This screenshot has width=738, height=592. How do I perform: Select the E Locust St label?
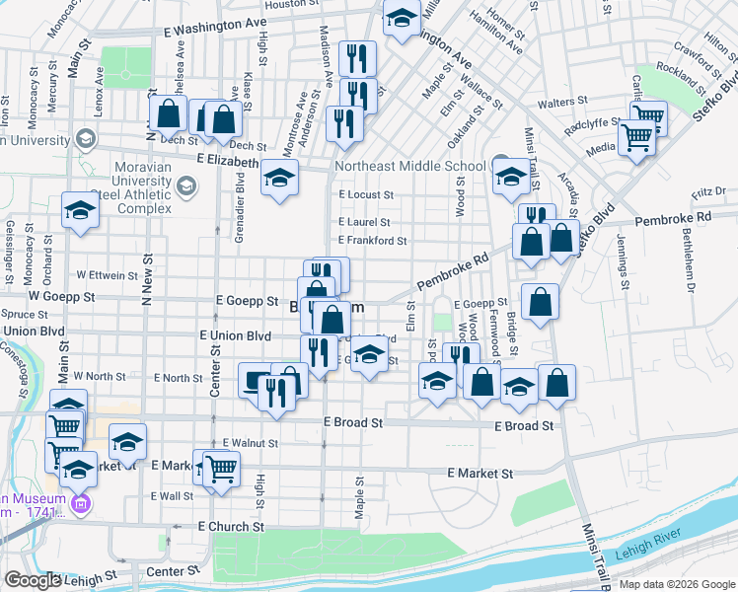[x=365, y=195]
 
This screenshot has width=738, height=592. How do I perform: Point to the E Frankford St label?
[x=372, y=240]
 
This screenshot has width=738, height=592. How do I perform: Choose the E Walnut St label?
[x=250, y=443]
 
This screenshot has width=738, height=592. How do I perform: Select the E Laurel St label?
[x=364, y=223]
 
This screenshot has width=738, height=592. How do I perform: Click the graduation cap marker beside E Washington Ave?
[x=401, y=20]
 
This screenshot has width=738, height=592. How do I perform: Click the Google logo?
[x=33, y=580]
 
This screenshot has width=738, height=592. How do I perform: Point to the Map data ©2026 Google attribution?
[x=676, y=584]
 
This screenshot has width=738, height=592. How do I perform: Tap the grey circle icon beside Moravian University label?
[x=187, y=184]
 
